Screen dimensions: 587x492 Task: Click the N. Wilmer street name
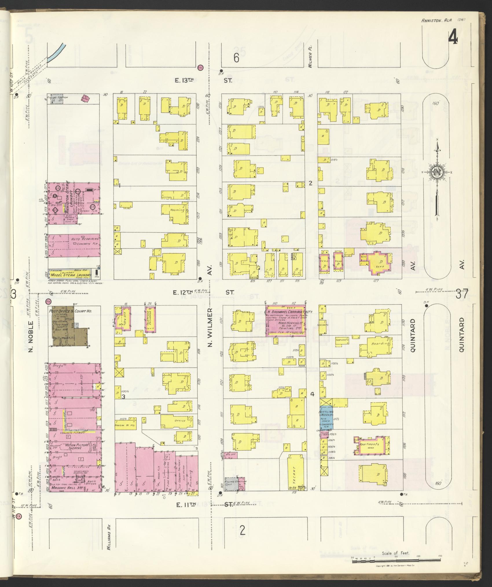click(x=210, y=327)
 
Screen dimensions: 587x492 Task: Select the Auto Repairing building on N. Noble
click(x=74, y=245)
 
